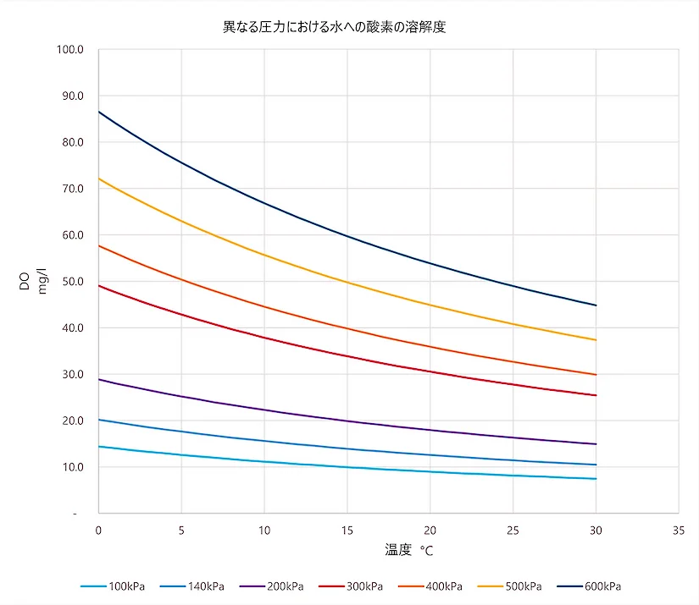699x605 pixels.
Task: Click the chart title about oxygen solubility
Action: click(x=334, y=27)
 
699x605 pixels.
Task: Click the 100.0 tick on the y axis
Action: click(x=70, y=49)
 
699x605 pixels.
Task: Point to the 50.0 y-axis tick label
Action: click(x=72, y=281)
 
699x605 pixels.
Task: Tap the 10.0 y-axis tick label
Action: click(x=72, y=467)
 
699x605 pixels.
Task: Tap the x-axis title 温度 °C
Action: click(x=409, y=550)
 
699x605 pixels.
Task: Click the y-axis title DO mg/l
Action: click(x=31, y=282)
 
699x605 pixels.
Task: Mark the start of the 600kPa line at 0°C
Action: click(x=99, y=112)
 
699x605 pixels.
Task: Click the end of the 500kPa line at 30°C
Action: click(x=596, y=340)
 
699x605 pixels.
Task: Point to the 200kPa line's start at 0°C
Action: click(x=99, y=379)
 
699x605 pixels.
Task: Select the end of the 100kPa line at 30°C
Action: click(x=596, y=479)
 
